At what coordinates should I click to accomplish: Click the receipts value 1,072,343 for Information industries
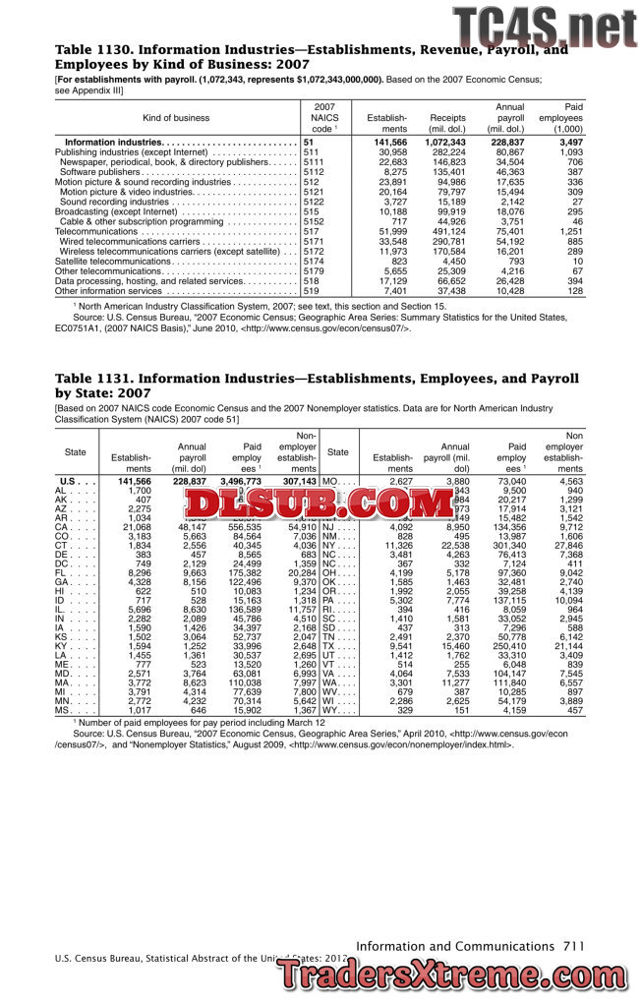click(x=444, y=143)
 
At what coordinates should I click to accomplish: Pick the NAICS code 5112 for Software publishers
click(x=314, y=172)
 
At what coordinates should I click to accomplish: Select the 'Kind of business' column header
click(x=176, y=118)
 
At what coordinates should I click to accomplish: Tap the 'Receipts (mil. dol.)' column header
click(x=447, y=123)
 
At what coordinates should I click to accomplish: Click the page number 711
click(x=575, y=946)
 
